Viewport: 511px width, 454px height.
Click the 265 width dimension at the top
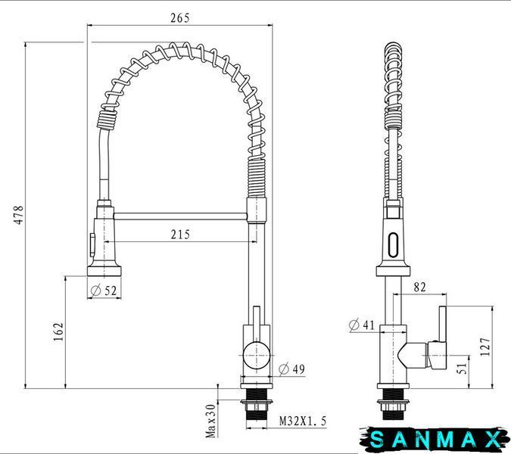point(179,18)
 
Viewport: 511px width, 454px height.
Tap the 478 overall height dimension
point(19,215)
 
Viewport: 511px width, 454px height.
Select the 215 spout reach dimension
point(180,234)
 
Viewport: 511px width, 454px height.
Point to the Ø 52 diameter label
point(103,290)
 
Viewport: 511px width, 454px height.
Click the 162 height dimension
point(58,331)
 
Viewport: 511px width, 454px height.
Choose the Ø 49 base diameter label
point(292,369)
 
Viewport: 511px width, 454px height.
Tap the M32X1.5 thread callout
point(303,421)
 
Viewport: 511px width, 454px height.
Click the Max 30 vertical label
point(211,421)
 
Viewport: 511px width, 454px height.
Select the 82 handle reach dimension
point(419,287)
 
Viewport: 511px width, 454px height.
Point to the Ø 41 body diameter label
point(362,325)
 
